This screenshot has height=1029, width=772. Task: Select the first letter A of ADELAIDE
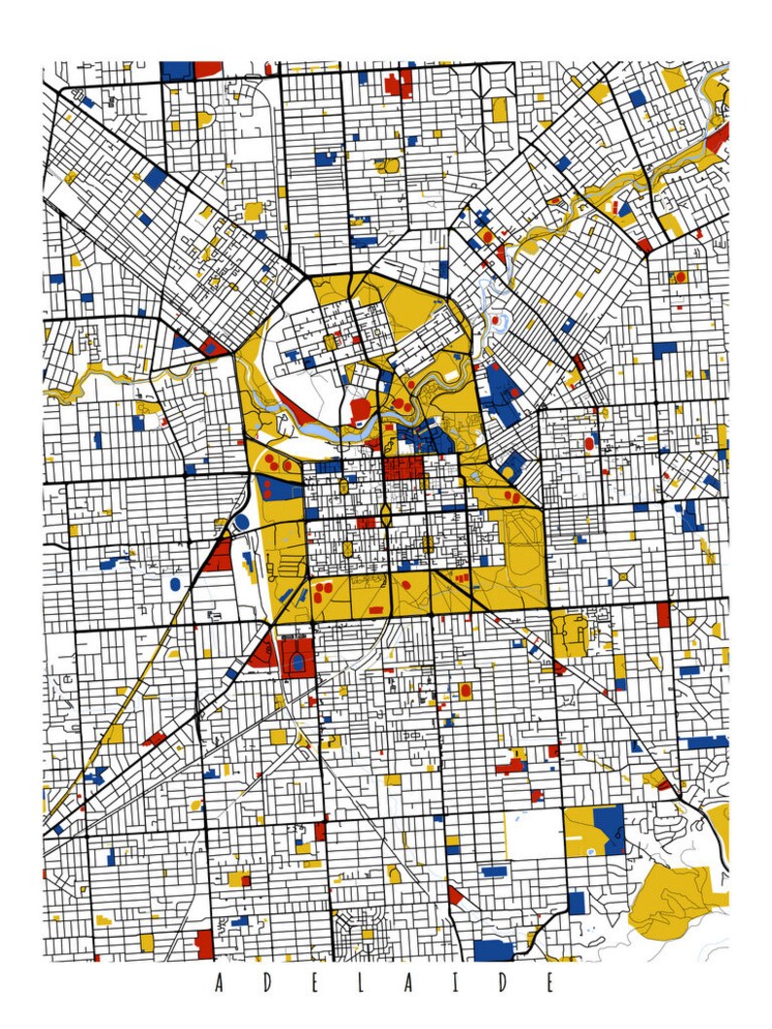tap(218, 982)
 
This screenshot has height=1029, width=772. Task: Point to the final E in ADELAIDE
tap(549, 982)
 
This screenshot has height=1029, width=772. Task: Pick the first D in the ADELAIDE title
tap(264, 982)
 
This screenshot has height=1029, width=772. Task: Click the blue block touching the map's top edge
tap(177, 70)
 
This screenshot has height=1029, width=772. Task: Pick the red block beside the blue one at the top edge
tap(208, 69)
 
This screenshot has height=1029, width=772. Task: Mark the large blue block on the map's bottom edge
tap(494, 950)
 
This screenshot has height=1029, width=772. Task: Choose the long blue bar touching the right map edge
tap(708, 741)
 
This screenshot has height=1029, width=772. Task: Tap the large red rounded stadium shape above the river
tap(360, 410)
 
